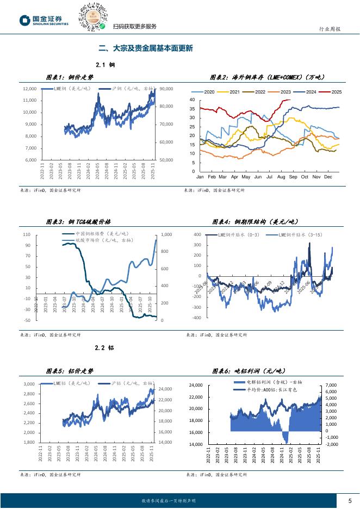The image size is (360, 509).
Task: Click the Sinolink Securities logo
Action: tap(44, 21)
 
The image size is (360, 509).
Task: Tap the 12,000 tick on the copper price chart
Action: tap(29, 89)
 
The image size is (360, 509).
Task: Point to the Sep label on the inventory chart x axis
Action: tap(293, 177)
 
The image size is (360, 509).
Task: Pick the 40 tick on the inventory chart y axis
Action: tap(193, 100)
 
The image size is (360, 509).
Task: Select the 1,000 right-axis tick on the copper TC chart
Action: tap(166, 234)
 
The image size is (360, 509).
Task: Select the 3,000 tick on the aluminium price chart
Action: tap(29, 384)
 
